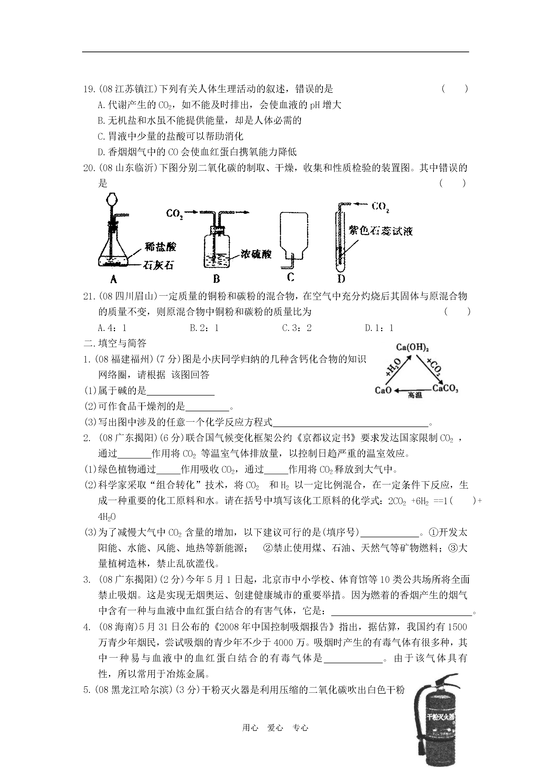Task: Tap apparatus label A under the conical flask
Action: (x=114, y=279)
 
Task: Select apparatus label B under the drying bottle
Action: (x=217, y=279)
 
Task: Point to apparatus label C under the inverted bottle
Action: (x=290, y=277)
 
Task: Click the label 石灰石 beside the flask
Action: (x=158, y=265)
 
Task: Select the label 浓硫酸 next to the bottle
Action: (x=256, y=254)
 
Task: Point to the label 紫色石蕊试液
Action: (x=381, y=231)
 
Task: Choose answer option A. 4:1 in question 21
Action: (x=112, y=328)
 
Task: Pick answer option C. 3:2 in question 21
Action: (x=297, y=328)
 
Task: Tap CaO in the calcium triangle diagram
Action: (x=383, y=390)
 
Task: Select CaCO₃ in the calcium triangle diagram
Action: (x=445, y=389)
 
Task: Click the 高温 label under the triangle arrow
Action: (x=415, y=395)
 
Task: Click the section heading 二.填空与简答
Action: (x=115, y=343)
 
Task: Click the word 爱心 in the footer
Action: (x=275, y=728)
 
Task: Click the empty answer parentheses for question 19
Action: (x=455, y=89)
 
